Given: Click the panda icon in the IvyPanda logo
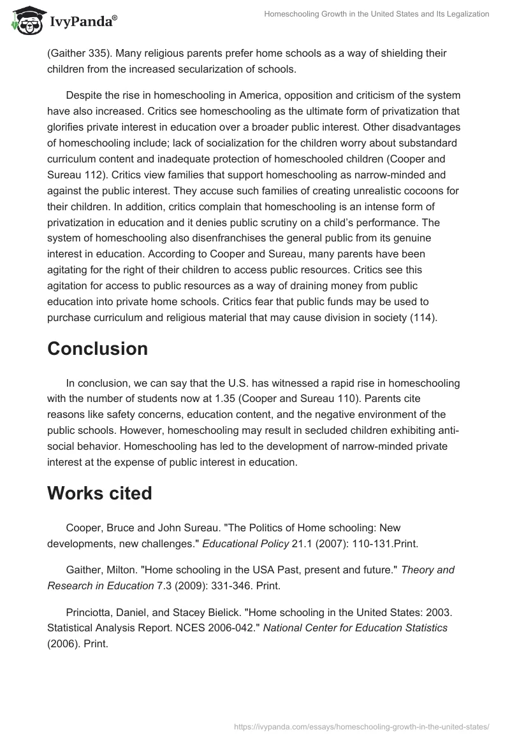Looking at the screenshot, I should [x=25, y=20].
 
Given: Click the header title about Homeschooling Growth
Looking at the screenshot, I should [x=377, y=14].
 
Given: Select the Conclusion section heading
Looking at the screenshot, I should [x=98, y=348].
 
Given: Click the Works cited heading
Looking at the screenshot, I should [x=99, y=494].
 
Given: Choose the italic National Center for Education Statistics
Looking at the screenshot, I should [x=355, y=628].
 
